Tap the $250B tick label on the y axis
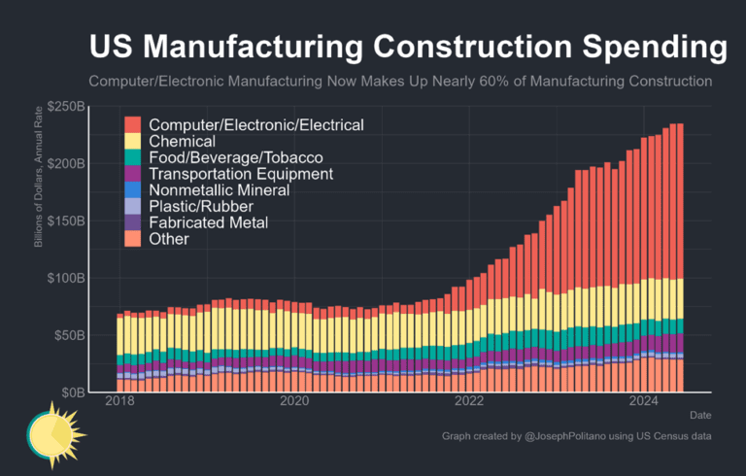[x=66, y=106]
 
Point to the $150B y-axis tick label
[x=66, y=221]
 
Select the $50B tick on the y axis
[x=69, y=335]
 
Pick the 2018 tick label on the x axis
[x=119, y=401]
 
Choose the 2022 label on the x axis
[x=469, y=401]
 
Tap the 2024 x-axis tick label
[x=644, y=401]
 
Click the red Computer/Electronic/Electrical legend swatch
[x=133, y=125]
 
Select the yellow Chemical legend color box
[x=133, y=142]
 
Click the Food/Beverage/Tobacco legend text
[x=236, y=157]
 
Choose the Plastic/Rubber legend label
[x=201, y=207]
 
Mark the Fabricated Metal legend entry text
[x=209, y=223]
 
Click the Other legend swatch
[x=133, y=239]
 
